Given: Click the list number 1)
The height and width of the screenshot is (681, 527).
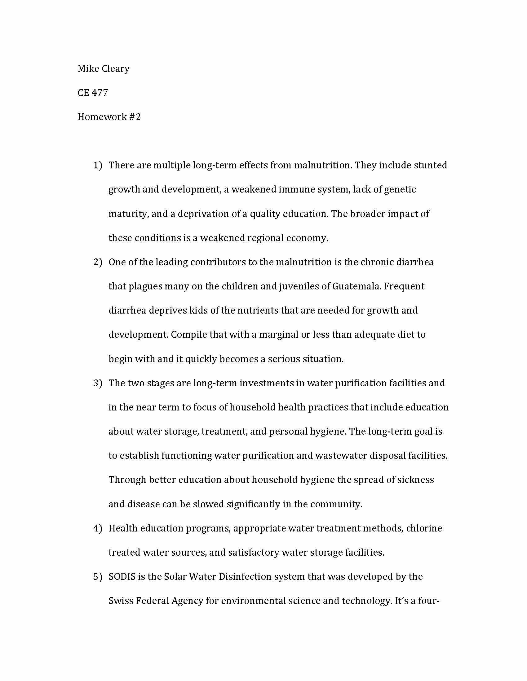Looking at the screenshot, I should click(98, 165).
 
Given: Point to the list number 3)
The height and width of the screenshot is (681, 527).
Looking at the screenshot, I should click(98, 383).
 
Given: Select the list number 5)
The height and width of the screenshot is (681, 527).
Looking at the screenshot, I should click(98, 577).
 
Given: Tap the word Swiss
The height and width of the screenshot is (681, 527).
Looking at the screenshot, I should click(120, 601).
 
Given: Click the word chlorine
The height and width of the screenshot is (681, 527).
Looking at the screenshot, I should click(424, 528).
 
